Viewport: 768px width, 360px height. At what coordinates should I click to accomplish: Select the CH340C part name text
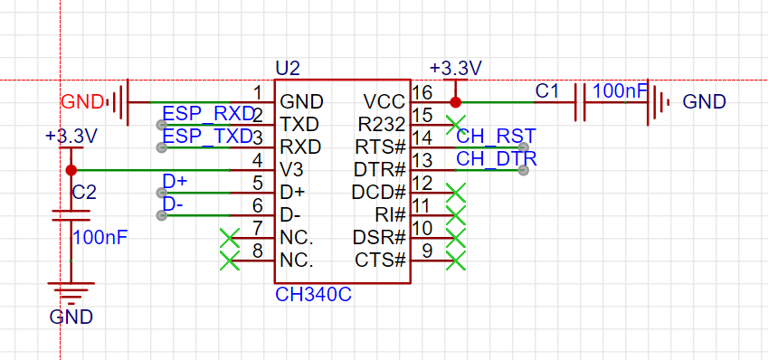tap(312, 296)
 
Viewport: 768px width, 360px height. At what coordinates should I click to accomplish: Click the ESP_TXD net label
tap(207, 137)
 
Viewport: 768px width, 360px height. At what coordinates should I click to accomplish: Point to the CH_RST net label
tap(496, 137)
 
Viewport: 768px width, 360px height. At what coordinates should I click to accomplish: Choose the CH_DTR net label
tap(496, 159)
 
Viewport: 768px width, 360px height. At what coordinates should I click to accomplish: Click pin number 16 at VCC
tap(422, 92)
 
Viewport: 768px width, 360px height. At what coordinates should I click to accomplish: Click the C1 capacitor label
tap(547, 91)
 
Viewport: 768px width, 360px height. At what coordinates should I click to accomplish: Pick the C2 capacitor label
tap(84, 192)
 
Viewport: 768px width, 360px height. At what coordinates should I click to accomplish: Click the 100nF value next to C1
tap(621, 90)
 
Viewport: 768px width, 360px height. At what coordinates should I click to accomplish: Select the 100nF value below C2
tap(100, 238)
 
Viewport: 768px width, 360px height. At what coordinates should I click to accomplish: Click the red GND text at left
tap(81, 100)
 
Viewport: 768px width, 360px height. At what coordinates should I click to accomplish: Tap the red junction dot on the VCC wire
tap(455, 102)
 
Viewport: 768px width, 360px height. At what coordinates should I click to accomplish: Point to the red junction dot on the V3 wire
tap(71, 169)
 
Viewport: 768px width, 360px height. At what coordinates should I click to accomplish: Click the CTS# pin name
tap(379, 261)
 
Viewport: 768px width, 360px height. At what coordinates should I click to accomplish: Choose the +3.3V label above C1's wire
tap(456, 69)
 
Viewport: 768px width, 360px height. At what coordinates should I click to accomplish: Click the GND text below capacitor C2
tap(71, 317)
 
